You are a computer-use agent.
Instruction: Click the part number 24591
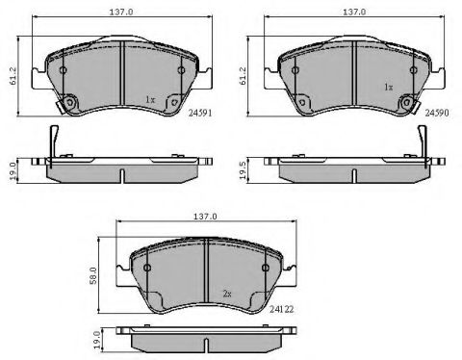(200, 113)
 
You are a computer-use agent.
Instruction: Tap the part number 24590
(437, 113)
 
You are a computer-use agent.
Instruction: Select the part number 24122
(281, 309)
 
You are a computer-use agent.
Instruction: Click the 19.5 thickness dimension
(243, 170)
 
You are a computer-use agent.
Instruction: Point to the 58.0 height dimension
(93, 275)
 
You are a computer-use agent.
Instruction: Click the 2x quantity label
(227, 294)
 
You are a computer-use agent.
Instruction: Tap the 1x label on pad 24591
(150, 100)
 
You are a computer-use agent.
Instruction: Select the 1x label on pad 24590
(388, 88)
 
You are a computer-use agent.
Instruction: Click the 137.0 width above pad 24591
(121, 12)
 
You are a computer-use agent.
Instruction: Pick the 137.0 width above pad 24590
(354, 12)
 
